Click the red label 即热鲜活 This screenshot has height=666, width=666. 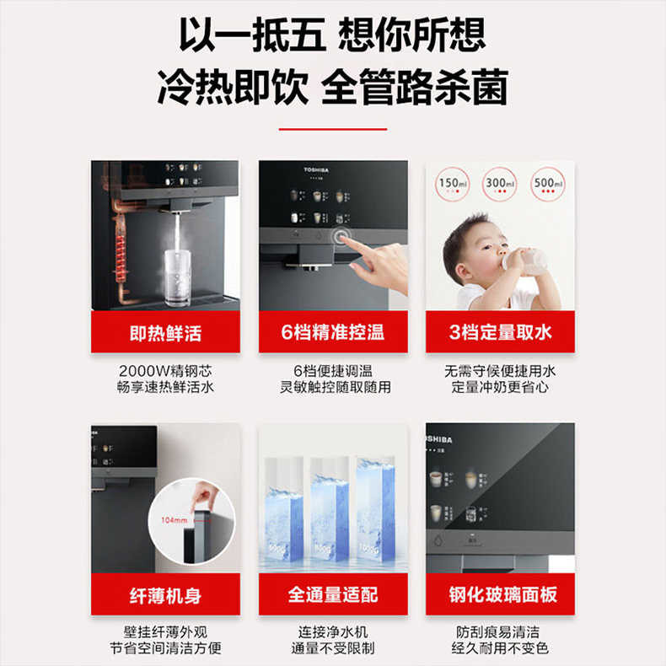tap(165, 332)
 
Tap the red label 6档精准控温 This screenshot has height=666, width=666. tap(333, 332)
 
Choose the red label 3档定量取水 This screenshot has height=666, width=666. tap(500, 332)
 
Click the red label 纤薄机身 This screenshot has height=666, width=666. tap(165, 595)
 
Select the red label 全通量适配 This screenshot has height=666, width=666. tap(333, 595)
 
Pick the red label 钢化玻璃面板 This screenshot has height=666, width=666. tap(500, 595)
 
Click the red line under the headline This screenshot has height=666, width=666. tap(333, 129)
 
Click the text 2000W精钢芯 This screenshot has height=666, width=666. tap(165, 371)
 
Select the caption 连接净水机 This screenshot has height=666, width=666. tap(333, 632)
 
